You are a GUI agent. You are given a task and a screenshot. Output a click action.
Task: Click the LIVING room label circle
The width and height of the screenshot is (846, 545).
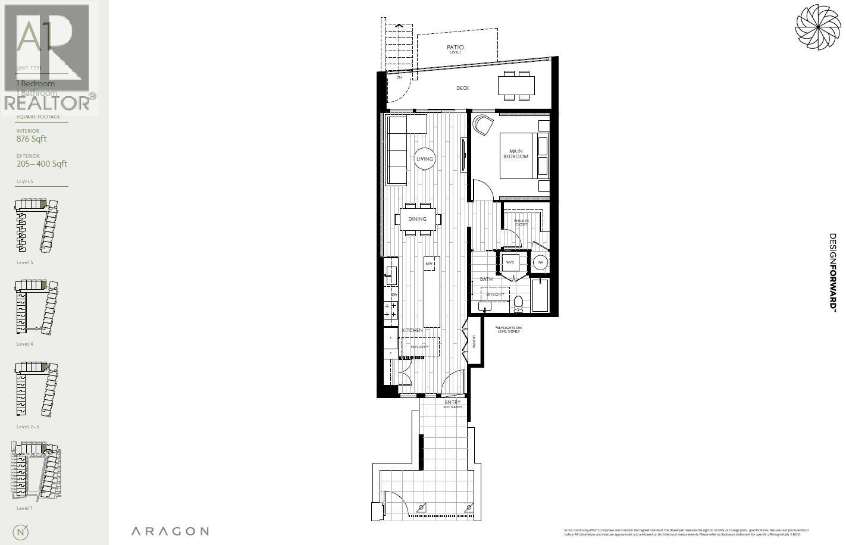coord(425,159)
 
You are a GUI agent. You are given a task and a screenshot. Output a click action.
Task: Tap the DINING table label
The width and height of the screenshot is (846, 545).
coord(418,219)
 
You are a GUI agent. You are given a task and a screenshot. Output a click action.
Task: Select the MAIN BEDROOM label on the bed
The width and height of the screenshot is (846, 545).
coord(515,154)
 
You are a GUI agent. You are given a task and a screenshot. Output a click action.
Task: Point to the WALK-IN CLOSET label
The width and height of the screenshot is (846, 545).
coord(521,223)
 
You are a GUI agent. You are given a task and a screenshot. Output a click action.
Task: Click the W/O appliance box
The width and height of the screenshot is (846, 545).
coord(510,262)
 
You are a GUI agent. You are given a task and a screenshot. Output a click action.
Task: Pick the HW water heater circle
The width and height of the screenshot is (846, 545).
coord(540,262)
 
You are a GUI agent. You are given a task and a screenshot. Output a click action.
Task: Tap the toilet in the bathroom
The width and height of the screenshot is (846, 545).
coord(518,303)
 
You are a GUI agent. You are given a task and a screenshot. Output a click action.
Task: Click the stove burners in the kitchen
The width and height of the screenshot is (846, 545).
coord(391,310)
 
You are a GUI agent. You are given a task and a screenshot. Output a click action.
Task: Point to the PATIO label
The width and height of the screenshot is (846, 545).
coord(455,48)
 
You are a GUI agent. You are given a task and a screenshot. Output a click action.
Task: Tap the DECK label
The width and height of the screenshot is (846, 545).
coord(462,88)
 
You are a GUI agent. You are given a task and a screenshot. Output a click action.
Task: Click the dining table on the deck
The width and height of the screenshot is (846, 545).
coord(516,85)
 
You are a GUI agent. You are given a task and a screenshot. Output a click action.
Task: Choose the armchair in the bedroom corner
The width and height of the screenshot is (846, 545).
coord(484,126)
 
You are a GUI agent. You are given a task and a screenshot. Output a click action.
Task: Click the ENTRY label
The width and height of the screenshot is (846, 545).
coord(453,403)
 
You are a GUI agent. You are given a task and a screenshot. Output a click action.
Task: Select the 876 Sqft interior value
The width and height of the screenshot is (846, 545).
coord(32,139)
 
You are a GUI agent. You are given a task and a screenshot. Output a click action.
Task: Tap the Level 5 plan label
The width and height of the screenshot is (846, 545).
coord(25,262)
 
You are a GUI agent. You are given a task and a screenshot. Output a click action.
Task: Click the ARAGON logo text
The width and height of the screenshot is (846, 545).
coord(170,531)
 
